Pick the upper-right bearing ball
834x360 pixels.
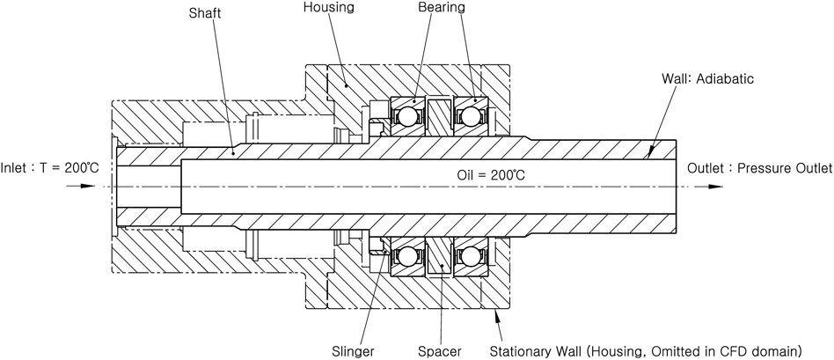pyautogui.click(x=469, y=115)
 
